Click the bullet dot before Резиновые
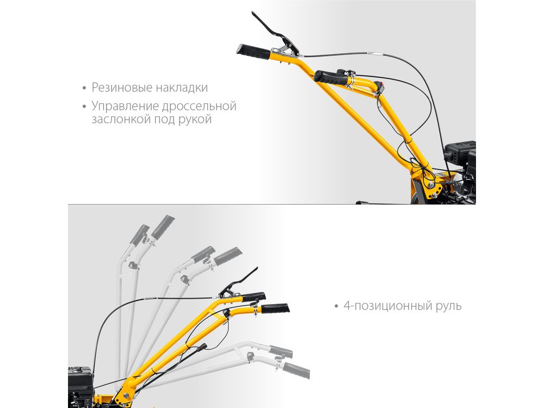coord(84,88)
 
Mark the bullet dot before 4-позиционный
coord(336,306)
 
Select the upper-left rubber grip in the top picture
coord(254,52)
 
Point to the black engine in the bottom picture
coord(81,386)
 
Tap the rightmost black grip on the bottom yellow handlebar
coord(275,308)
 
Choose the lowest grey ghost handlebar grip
coord(296,370)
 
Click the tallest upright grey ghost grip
coord(163,227)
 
